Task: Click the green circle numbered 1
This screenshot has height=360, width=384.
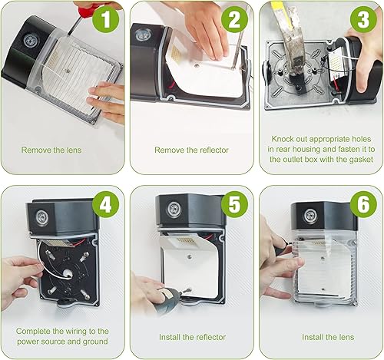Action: coord(106,19)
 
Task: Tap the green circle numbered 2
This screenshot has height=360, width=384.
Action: coord(234,19)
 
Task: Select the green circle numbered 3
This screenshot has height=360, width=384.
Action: coord(363,19)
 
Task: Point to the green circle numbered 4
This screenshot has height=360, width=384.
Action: coord(106,204)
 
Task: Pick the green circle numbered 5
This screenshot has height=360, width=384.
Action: coord(234,204)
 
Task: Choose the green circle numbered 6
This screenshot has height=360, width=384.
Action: coord(363,204)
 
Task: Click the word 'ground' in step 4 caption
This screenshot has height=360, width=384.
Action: coord(95,342)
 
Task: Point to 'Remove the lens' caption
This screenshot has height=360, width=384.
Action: coord(51,150)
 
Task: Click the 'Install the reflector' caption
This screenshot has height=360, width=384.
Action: coord(192,337)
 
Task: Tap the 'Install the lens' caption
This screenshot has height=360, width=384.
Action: coord(328,337)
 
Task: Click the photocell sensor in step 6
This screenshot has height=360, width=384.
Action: coord(310,215)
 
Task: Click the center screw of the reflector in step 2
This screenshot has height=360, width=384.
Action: coord(197,66)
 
